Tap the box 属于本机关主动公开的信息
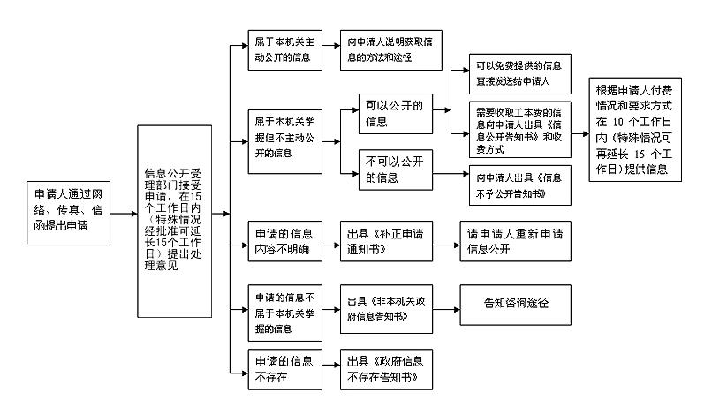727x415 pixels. click(284, 52)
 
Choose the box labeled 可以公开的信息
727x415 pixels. click(393, 113)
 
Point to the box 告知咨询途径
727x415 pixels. click(516, 304)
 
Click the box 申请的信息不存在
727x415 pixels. click(284, 369)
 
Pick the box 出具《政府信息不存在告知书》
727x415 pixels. click(382, 369)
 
